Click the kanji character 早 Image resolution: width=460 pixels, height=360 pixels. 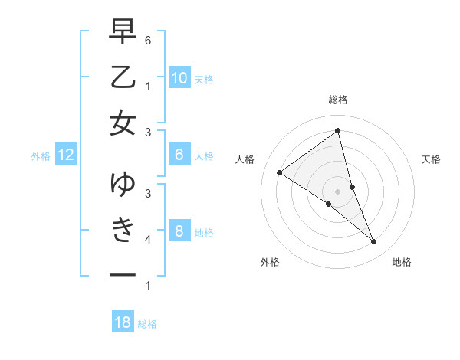click(x=123, y=31)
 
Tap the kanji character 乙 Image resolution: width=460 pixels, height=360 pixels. click(x=123, y=77)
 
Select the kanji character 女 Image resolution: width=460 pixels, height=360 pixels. click(x=123, y=123)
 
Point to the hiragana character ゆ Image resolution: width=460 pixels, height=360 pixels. click(x=123, y=185)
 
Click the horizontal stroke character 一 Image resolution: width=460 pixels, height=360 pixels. click(x=123, y=273)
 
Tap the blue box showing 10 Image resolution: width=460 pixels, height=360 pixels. click(x=179, y=77)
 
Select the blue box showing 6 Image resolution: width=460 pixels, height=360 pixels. click(x=179, y=155)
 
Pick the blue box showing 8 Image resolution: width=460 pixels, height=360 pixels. click(x=179, y=231)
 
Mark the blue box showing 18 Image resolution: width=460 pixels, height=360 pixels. click(x=123, y=322)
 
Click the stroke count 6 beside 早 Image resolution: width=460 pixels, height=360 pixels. click(x=148, y=38)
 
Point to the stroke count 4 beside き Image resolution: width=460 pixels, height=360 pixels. click(x=148, y=240)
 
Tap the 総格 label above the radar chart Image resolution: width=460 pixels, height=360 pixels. click(x=338, y=100)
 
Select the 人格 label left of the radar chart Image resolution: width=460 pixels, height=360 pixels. click(x=245, y=159)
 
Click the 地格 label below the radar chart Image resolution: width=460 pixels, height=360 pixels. click(x=402, y=262)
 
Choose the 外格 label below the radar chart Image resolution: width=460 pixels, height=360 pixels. click(x=270, y=262)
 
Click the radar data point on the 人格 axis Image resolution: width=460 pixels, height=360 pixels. click(x=280, y=172)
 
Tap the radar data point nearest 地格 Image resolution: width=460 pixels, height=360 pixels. click(x=374, y=242)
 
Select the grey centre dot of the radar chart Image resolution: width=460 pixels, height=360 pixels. click(x=337, y=191)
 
